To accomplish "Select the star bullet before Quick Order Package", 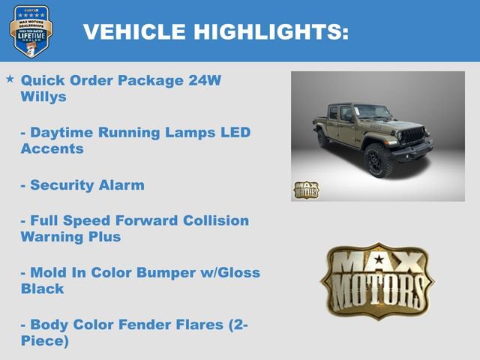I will click(10, 79).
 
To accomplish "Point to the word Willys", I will click(44, 96).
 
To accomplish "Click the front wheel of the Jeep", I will click(378, 161).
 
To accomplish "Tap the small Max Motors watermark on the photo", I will click(305, 190).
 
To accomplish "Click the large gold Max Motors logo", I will click(376, 280).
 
